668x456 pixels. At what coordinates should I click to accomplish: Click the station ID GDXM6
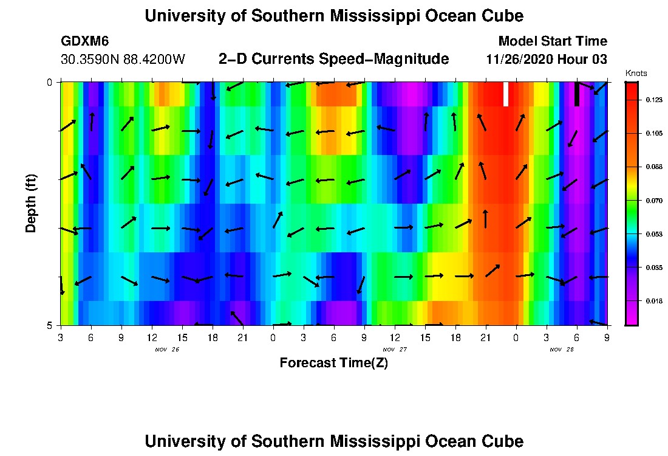click(85, 41)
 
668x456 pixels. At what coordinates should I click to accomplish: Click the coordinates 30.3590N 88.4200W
click(123, 60)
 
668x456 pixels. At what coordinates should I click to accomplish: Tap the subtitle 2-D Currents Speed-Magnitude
click(333, 59)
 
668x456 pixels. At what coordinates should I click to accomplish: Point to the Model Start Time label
click(552, 41)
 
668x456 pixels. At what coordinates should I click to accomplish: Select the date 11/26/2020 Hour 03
click(547, 60)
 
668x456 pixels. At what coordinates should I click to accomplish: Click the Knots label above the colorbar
click(636, 73)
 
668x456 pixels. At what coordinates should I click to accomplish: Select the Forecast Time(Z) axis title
click(333, 363)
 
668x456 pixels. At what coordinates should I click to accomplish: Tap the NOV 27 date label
click(395, 350)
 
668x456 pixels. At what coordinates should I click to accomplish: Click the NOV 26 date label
click(167, 350)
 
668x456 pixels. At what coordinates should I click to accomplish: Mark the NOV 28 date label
click(562, 350)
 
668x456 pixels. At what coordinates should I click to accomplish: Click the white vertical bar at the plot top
click(505, 94)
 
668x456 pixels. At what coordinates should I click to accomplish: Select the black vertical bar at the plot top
click(576, 94)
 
